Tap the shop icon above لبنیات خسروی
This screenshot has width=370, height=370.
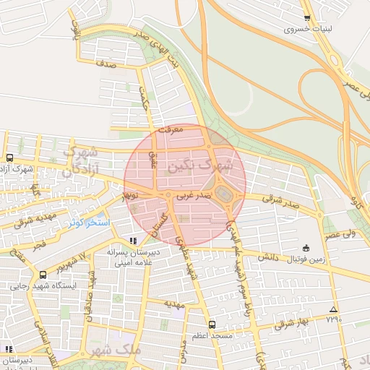(x=307, y=18)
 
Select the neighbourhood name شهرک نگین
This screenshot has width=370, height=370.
(x=199, y=165)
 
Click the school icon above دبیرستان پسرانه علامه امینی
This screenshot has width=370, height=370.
(x=132, y=241)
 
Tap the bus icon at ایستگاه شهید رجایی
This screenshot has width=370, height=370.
(x=43, y=275)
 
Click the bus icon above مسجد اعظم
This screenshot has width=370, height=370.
(x=212, y=324)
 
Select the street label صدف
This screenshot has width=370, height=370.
(x=106, y=64)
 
